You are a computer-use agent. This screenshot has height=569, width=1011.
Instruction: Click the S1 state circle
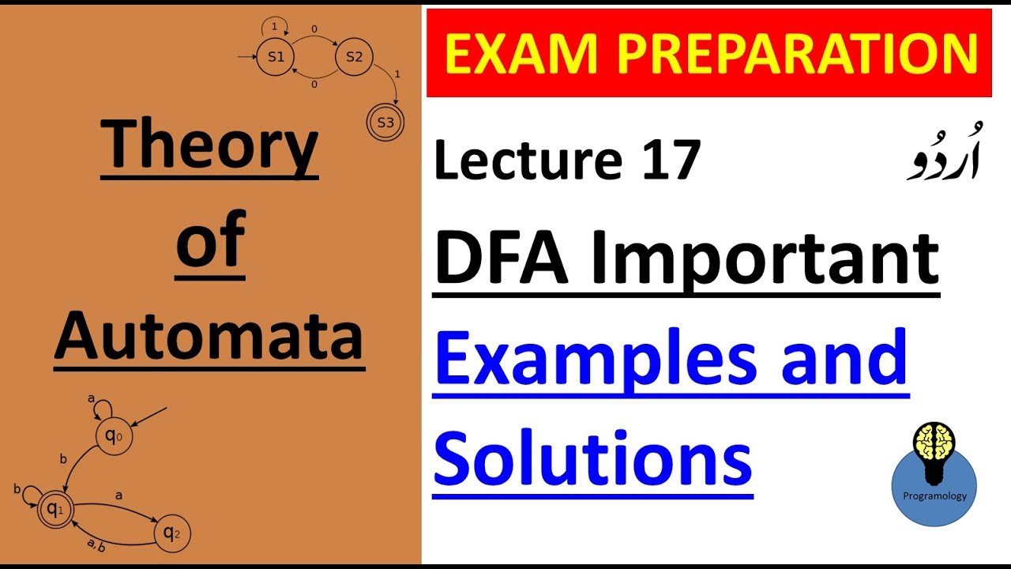coord(276,57)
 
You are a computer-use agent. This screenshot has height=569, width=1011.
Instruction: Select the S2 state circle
coord(354,57)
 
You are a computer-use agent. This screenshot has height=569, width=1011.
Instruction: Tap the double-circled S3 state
coord(385,122)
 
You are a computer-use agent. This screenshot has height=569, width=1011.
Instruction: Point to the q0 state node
coord(114,436)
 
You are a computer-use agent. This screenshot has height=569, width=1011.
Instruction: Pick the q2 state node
coord(172,533)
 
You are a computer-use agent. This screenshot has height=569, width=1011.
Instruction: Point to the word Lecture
coord(528,160)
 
